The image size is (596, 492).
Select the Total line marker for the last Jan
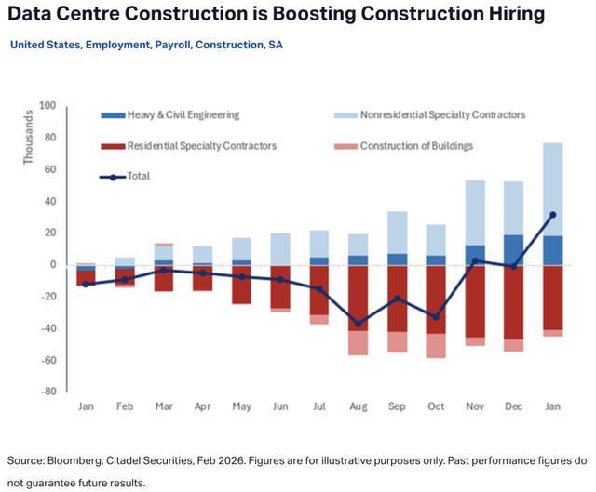click(x=553, y=215)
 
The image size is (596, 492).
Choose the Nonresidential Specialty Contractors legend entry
click(x=442, y=115)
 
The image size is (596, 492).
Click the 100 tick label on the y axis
click(x=47, y=106)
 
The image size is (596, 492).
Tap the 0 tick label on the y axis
click(x=53, y=265)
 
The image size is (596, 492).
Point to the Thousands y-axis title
click(x=29, y=140)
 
